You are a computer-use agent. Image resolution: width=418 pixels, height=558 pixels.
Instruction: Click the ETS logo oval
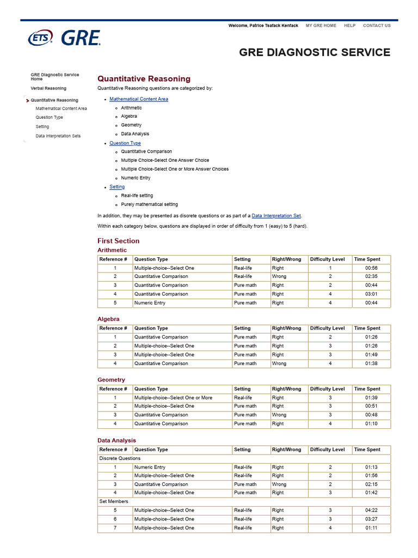41,38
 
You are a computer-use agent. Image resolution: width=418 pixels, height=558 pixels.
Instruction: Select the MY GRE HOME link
321,26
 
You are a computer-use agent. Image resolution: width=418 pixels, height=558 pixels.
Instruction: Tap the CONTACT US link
377,26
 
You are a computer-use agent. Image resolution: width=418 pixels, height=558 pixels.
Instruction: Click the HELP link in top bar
349,26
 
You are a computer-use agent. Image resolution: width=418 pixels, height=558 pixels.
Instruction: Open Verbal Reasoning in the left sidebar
48,88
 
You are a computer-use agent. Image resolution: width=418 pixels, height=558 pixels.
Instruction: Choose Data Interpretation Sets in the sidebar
58,136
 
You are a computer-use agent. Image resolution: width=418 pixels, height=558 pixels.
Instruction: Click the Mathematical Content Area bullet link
138,99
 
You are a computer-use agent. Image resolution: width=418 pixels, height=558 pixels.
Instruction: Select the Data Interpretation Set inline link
276,216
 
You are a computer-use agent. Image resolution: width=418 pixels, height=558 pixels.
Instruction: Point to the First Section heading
118,241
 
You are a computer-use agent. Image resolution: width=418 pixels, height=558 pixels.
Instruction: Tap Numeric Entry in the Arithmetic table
150,303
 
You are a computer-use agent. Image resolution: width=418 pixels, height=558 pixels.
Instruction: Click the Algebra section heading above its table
108,319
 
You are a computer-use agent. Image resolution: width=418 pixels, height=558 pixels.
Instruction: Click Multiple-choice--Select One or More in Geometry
173,398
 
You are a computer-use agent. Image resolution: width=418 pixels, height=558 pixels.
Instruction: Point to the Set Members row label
114,501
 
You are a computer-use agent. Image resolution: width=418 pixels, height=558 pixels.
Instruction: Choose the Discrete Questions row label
119,458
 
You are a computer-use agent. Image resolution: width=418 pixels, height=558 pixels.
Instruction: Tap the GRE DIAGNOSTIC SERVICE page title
315,52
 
